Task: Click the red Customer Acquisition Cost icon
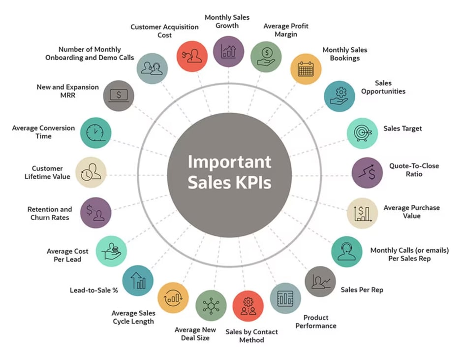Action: pos(192,56)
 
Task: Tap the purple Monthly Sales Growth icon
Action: pos(228,51)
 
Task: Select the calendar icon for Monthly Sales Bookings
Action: pos(306,69)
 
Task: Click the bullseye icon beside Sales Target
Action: pos(362,133)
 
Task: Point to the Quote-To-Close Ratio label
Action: pos(414,170)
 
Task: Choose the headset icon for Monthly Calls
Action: pos(347,252)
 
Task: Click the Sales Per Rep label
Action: pos(362,290)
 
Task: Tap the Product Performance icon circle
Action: pos(285,298)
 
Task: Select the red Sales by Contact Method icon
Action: pos(248,306)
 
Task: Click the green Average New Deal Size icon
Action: pos(211,306)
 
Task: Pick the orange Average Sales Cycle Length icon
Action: pos(173,297)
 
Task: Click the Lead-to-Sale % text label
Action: pos(94,290)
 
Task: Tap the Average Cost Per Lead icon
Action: pos(111,251)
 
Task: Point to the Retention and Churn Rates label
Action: pos(50,213)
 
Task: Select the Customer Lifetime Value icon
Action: pos(91,172)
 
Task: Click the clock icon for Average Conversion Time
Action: pos(95,133)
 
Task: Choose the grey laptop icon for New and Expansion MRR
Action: pos(119,96)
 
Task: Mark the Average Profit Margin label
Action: pos(286,30)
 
